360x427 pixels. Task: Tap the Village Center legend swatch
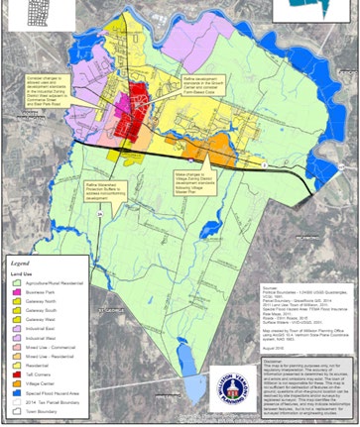16,383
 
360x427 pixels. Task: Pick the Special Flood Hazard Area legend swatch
16,393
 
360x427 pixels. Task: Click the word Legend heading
24,266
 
